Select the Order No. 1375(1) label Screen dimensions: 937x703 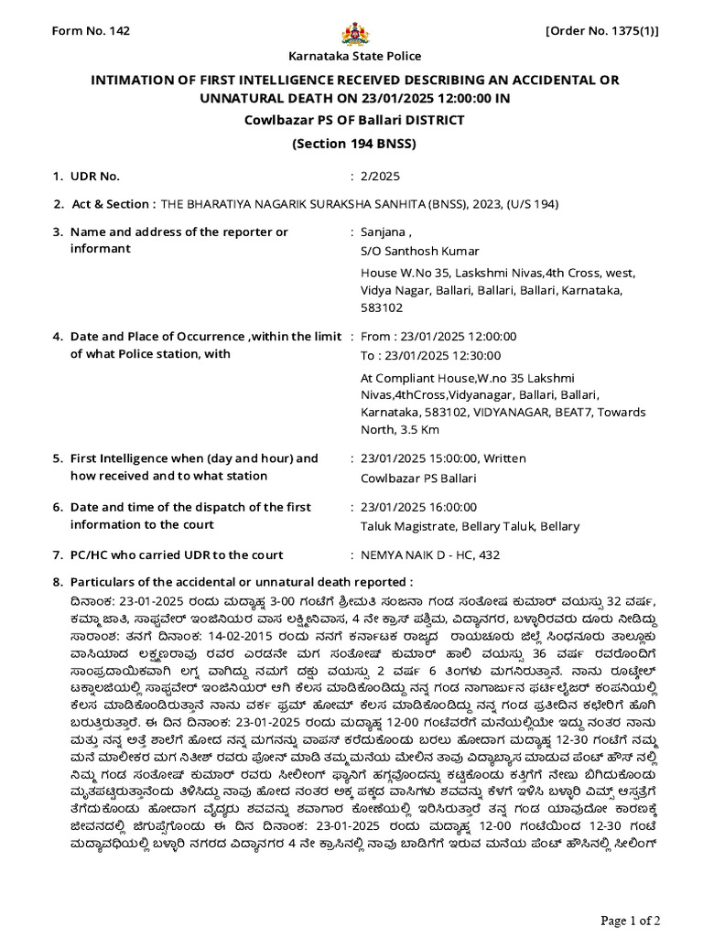(601, 31)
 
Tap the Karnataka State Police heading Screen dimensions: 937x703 (354, 57)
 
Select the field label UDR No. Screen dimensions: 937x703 (94, 176)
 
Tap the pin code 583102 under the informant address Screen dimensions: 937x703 (383, 308)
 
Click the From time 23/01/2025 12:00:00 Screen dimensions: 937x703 (438, 336)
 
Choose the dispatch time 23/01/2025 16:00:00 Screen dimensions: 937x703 (418, 507)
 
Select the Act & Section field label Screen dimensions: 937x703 (113, 204)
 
